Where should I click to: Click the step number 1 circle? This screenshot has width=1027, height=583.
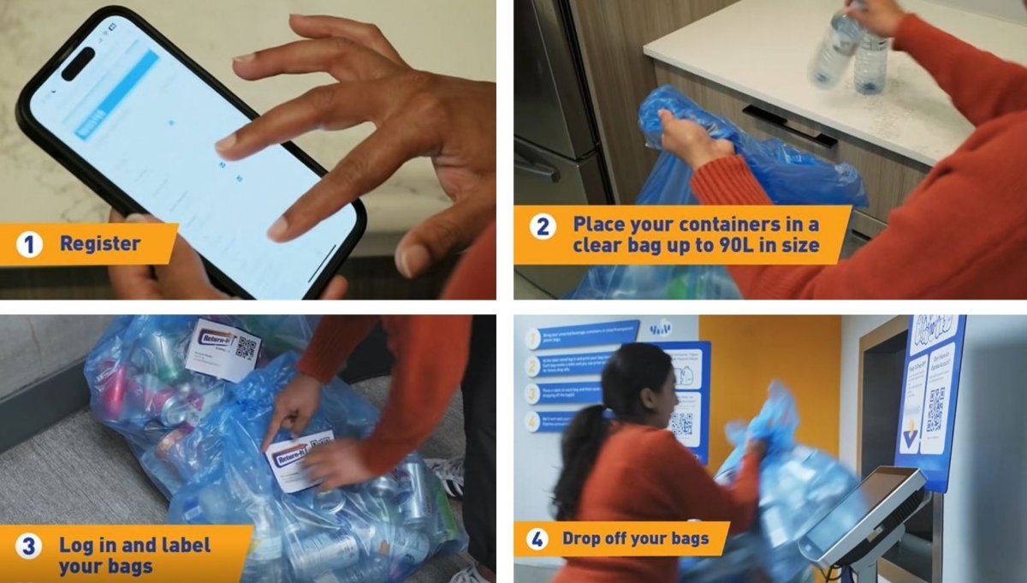coord(29,245)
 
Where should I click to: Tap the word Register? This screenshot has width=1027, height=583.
coord(100,244)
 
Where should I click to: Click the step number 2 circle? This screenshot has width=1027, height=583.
coord(543,226)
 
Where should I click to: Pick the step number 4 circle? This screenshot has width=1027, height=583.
coord(537,539)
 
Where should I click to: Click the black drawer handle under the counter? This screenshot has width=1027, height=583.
coord(787,125)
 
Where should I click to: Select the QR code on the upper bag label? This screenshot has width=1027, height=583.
coord(246,347)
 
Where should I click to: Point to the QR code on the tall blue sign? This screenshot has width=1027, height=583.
coord(935,409)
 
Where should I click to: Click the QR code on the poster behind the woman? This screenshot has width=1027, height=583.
coord(681,424)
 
